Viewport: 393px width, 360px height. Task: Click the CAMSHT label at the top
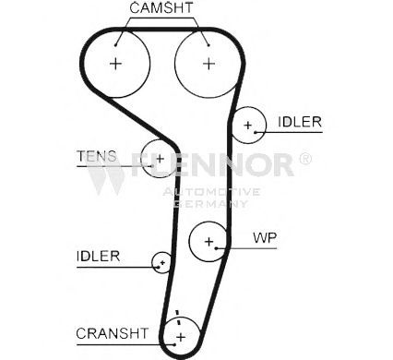click(161, 7)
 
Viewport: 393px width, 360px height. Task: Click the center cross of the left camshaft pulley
click(115, 64)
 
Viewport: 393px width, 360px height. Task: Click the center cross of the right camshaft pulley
click(208, 64)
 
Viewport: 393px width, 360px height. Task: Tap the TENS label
click(97, 156)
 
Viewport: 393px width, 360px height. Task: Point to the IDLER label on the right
click(300, 122)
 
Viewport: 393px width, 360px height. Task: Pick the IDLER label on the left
click(98, 256)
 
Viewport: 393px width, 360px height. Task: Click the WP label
click(265, 237)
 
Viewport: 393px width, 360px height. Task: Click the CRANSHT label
click(113, 333)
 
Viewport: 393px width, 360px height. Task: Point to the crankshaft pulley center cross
click(181, 337)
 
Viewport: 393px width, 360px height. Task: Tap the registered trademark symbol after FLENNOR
click(305, 159)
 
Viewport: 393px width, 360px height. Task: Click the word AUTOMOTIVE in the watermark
click(211, 192)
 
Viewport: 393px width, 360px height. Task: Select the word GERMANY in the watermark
click(211, 203)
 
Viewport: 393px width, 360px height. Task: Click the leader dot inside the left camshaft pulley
click(115, 45)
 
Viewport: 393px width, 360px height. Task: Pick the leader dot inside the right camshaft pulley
click(208, 45)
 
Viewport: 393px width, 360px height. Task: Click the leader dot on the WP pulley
click(217, 248)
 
